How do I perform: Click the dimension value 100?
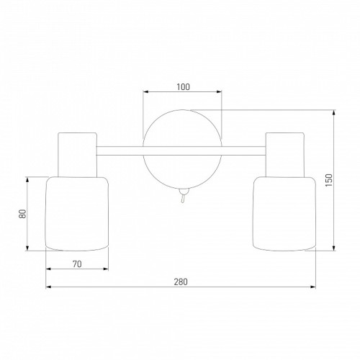tap(183, 87)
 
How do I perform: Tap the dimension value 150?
tap(329, 180)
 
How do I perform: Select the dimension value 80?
tap(22, 214)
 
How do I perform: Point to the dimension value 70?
tap(77, 264)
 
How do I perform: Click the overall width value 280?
tap(181, 282)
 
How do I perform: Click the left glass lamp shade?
tap(77, 214)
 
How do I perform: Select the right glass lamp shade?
tap(284, 214)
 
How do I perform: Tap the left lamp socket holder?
tap(78, 155)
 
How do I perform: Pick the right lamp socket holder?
tap(285, 155)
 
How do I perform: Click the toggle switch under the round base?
tap(184, 195)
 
